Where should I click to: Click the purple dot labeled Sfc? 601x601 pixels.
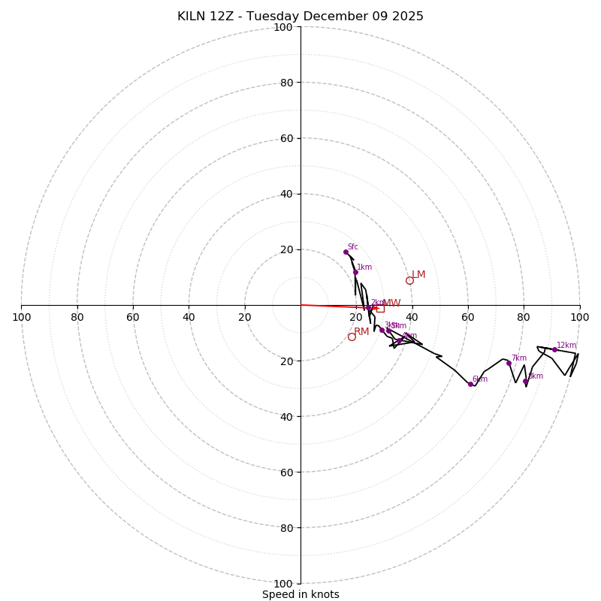point(346,252)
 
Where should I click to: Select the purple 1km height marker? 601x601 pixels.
point(355,272)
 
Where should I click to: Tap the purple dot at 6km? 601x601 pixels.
point(470,384)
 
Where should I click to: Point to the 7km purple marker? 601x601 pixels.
point(509,363)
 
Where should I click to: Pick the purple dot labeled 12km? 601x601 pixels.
point(554,349)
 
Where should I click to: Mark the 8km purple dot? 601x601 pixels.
point(525,381)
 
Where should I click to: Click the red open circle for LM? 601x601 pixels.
point(409,280)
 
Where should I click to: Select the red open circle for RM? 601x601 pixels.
point(352,337)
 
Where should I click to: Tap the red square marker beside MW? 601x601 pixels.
point(380,308)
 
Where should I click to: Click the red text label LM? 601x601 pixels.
point(418,275)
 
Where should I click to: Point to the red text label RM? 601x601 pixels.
point(361,331)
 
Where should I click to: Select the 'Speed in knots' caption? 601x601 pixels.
point(300,594)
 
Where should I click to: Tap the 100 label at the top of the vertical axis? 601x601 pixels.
point(283,28)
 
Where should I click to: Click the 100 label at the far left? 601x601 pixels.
point(21,317)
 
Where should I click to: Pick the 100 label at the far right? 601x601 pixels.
point(579,317)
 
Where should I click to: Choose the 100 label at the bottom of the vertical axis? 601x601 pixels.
point(283,583)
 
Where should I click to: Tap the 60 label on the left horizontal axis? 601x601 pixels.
point(133,317)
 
